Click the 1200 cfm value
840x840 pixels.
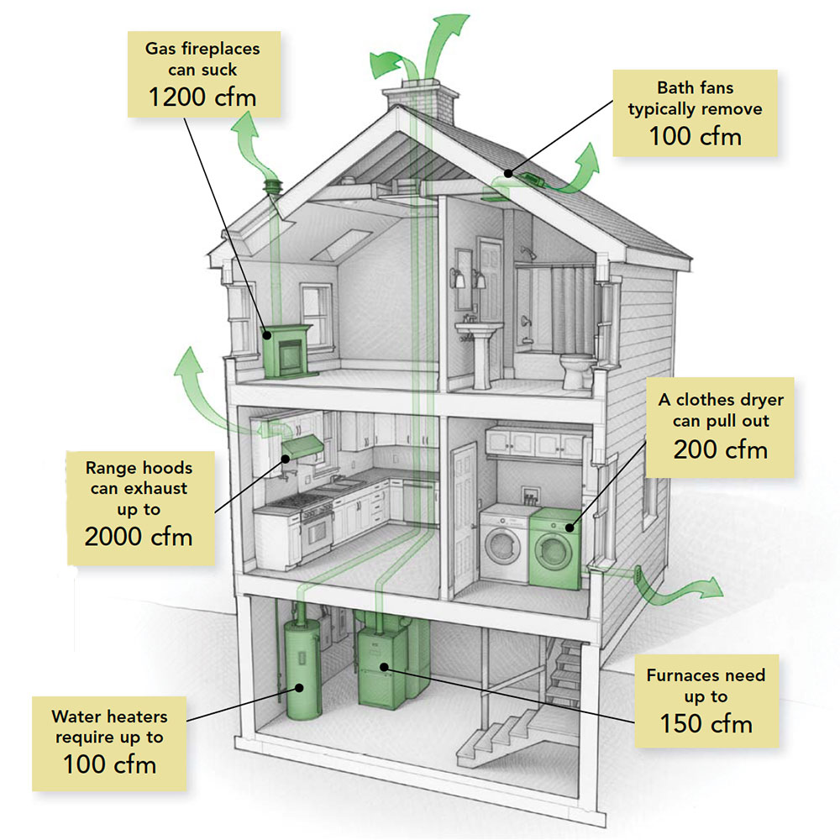(x=202, y=97)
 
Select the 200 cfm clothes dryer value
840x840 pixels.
(x=720, y=449)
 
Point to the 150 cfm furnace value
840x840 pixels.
(x=706, y=722)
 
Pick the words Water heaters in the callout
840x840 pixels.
(x=108, y=717)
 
